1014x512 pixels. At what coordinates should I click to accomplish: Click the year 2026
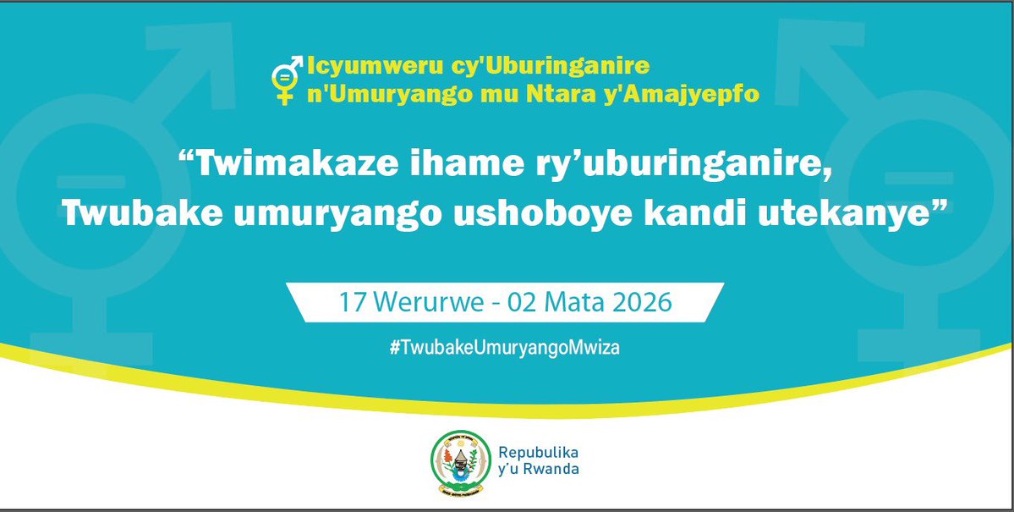coord(641,302)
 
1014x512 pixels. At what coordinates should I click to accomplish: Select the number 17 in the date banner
coord(351,302)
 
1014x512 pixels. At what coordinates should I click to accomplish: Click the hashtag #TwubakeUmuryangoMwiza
coord(505,348)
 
